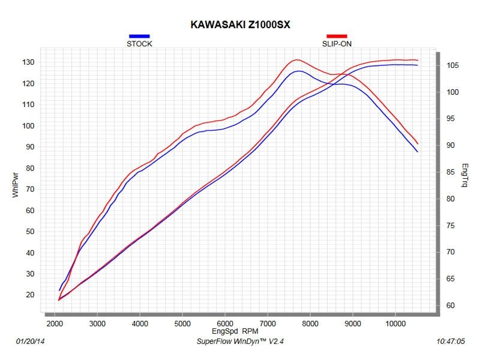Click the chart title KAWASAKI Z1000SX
[241, 25]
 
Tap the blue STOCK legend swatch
[139, 37]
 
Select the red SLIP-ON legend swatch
[337, 37]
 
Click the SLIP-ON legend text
[337, 44]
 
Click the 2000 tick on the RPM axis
[55, 323]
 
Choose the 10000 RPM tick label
[395, 323]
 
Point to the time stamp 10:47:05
[452, 341]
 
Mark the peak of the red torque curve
[296, 59]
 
